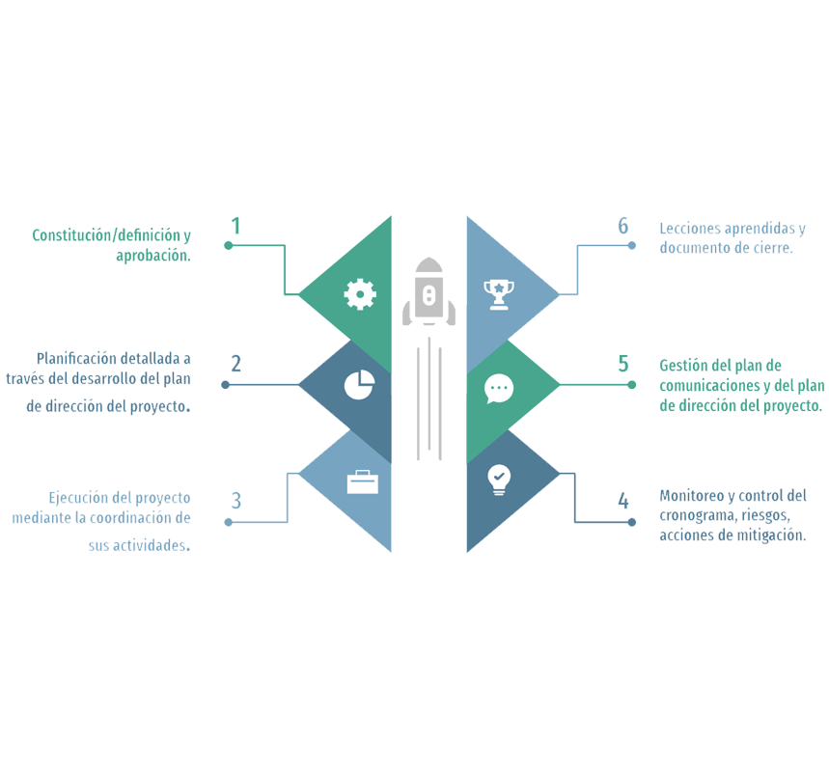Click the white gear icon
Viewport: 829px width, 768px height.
(x=360, y=293)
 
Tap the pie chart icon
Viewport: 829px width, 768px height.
(x=359, y=385)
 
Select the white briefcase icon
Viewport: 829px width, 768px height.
(x=363, y=481)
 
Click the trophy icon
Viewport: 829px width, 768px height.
(x=498, y=293)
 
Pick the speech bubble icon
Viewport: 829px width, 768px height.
(x=498, y=388)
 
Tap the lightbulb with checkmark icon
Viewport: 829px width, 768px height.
(x=498, y=479)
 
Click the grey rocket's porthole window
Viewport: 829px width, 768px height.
(x=428, y=294)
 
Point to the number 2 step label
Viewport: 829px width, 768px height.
(x=235, y=365)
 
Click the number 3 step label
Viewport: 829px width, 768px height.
(x=235, y=501)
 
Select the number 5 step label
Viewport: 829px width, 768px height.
(x=623, y=365)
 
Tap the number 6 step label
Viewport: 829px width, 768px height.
(x=623, y=226)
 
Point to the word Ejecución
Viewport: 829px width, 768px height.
(x=79, y=499)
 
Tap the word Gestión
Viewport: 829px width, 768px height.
(x=681, y=367)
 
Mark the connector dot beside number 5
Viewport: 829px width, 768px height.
(x=632, y=384)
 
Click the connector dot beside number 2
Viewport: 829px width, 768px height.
(x=225, y=384)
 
